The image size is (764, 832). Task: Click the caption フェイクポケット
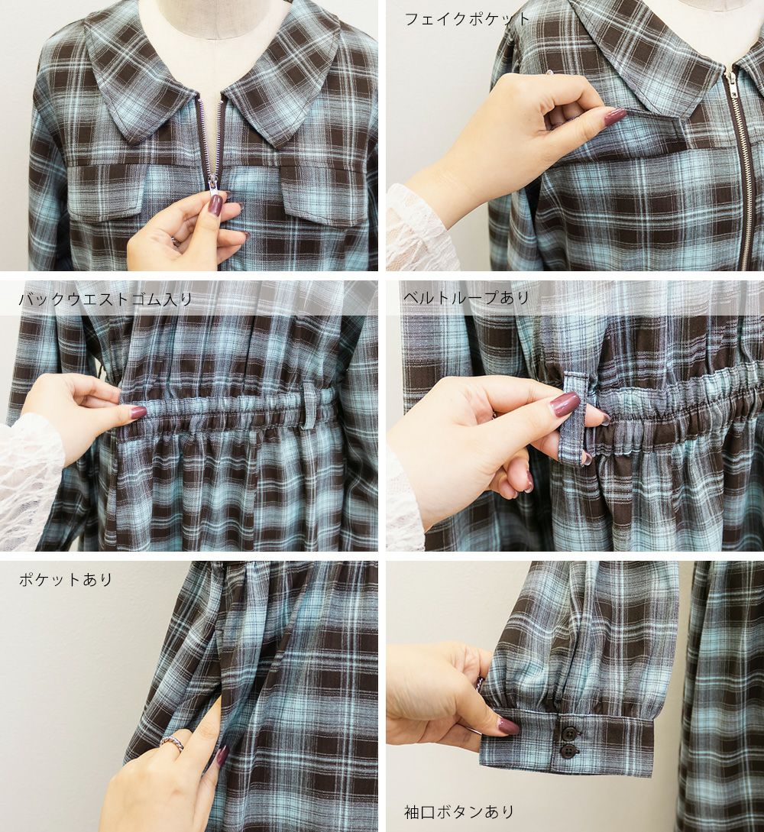[467, 20]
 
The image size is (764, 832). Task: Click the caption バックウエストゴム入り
[105, 299]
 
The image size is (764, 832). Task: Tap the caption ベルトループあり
[466, 298]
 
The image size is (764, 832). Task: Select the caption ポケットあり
[66, 579]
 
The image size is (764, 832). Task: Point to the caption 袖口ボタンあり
[459, 811]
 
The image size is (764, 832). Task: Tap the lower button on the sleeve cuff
[568, 750]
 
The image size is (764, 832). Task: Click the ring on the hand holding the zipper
[175, 241]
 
